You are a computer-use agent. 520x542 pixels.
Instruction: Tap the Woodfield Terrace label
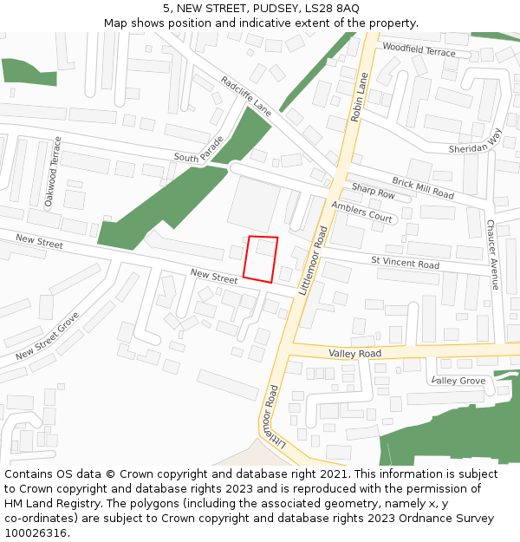pyautogui.click(x=418, y=51)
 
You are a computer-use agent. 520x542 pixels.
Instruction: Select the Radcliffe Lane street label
pyautogui.click(x=245, y=96)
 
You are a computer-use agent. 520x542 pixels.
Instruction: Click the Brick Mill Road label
pyautogui.click(x=422, y=187)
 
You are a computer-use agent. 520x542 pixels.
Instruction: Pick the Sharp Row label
pyautogui.click(x=373, y=192)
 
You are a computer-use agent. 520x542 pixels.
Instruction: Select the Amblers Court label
pyautogui.click(x=361, y=211)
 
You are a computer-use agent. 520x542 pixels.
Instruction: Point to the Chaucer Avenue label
pyautogui.click(x=492, y=254)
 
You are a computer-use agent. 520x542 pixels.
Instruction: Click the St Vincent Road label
pyautogui.click(x=405, y=261)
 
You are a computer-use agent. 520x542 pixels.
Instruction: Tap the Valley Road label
pyautogui.click(x=354, y=354)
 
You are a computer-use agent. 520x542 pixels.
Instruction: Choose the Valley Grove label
pyautogui.click(x=458, y=381)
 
